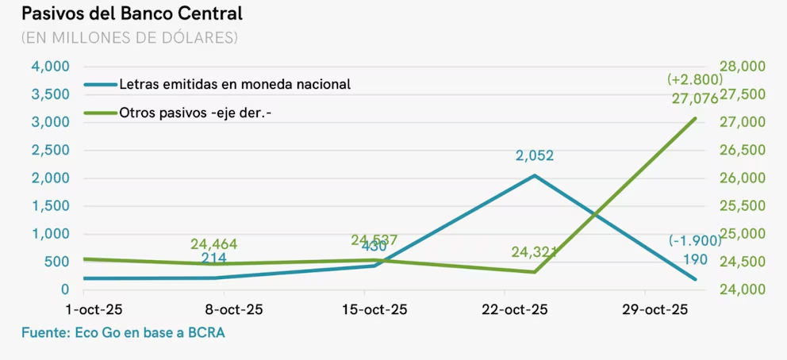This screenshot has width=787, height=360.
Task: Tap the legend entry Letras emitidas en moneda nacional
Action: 234,84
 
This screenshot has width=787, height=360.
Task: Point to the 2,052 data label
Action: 534,156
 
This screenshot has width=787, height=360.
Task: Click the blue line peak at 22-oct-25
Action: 534,175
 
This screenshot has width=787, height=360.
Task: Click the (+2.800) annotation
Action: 693,79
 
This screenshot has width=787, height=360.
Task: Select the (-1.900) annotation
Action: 694,241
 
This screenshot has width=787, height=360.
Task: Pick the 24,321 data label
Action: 534,252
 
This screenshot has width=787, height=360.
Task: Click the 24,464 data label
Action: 213,244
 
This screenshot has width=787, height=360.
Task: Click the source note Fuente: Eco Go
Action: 123,333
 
